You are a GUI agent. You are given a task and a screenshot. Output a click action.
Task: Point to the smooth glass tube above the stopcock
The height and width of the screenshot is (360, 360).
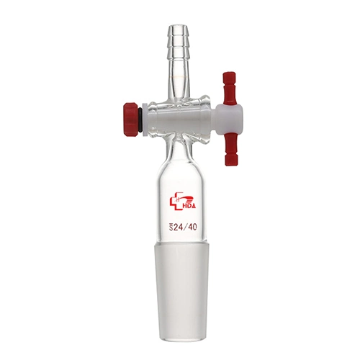tap(180, 76)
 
